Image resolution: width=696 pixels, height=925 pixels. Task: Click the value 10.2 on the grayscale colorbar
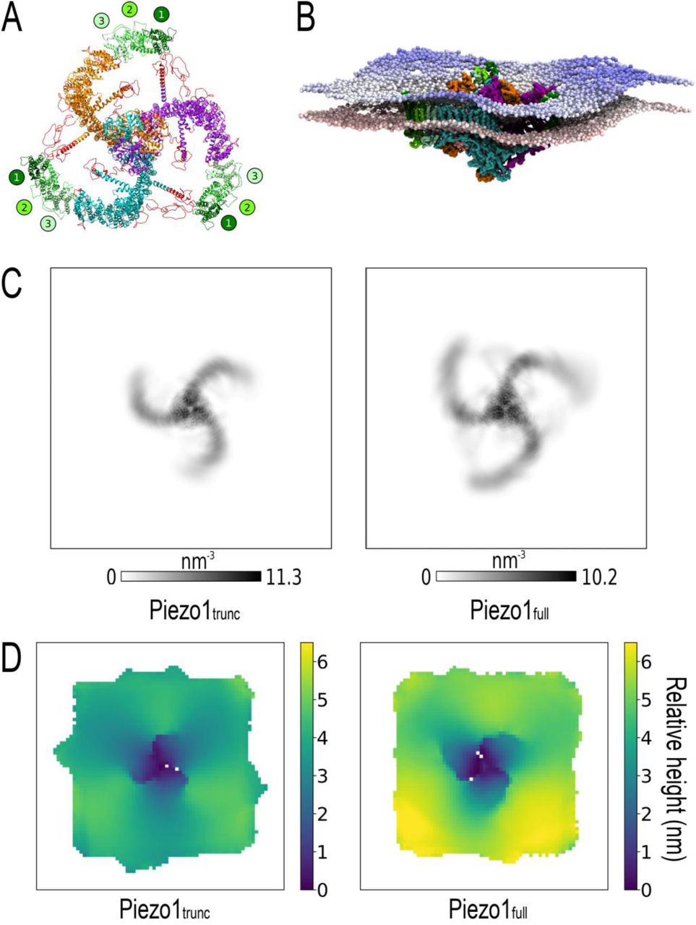pyautogui.click(x=598, y=577)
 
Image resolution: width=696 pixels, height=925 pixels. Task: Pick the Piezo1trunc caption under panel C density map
pyautogui.click(x=194, y=612)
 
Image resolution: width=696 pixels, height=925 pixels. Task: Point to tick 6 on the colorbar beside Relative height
pyautogui.click(x=646, y=662)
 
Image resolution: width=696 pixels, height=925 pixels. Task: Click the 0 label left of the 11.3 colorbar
pyautogui.click(x=111, y=577)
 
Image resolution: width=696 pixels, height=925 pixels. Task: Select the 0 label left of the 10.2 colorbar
pyautogui.click(x=426, y=577)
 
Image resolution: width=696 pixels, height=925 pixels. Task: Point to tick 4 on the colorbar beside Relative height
pyautogui.click(x=646, y=738)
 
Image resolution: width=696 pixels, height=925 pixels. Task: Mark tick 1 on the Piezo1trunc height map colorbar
pyautogui.click(x=323, y=852)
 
